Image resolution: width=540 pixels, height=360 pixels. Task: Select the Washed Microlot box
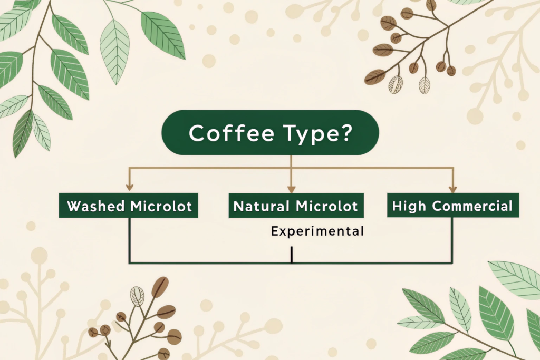tap(129, 206)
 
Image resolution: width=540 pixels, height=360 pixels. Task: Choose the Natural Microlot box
tap(296, 206)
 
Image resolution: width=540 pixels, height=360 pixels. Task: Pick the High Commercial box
tap(453, 205)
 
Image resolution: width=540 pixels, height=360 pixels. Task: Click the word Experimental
tap(317, 231)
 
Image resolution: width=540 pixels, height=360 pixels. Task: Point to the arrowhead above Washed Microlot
tap(130, 187)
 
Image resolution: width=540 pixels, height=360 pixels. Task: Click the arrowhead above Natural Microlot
tap(291, 189)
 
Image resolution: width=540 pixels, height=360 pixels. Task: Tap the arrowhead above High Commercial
tap(453, 189)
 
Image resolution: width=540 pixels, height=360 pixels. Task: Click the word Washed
tap(96, 206)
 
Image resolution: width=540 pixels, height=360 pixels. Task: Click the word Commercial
tap(472, 206)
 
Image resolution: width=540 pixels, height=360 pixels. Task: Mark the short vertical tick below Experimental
tap(292, 255)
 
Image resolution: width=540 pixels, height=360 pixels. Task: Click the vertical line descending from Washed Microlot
tap(129, 240)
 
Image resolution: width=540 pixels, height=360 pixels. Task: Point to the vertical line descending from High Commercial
tap(452, 240)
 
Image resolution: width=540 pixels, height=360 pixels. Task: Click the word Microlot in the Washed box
tap(161, 206)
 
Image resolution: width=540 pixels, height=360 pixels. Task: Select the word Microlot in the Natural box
tap(327, 206)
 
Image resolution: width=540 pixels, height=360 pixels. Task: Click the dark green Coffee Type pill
tap(271, 132)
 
